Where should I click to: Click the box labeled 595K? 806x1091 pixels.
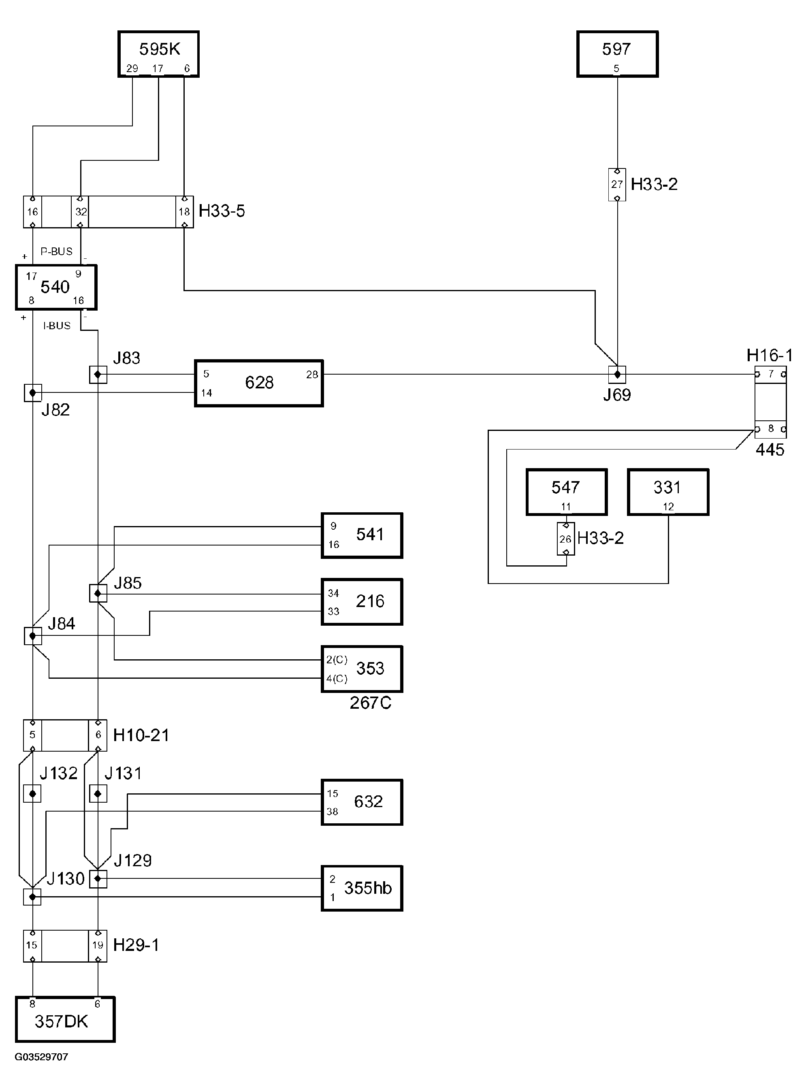(158, 54)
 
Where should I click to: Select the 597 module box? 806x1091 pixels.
(617, 54)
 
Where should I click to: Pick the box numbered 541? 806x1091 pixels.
(362, 535)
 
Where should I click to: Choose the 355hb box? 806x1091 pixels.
(362, 888)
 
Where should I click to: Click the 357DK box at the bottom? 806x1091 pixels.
(65, 1019)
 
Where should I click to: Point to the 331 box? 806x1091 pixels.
(668, 492)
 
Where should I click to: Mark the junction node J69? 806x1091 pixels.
(617, 375)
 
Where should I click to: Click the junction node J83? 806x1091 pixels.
(98, 375)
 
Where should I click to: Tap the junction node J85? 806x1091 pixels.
(98, 594)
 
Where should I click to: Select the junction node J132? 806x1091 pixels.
(32, 793)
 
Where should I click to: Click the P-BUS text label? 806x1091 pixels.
(56, 251)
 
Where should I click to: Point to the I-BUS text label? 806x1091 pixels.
(57, 326)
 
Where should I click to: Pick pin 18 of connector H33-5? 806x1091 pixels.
(184, 212)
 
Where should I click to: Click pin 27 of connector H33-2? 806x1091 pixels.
(617, 184)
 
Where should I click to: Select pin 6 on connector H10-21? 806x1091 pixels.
(98, 735)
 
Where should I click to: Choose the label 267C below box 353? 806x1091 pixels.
(370, 703)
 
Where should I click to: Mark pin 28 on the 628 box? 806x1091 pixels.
(312, 375)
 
